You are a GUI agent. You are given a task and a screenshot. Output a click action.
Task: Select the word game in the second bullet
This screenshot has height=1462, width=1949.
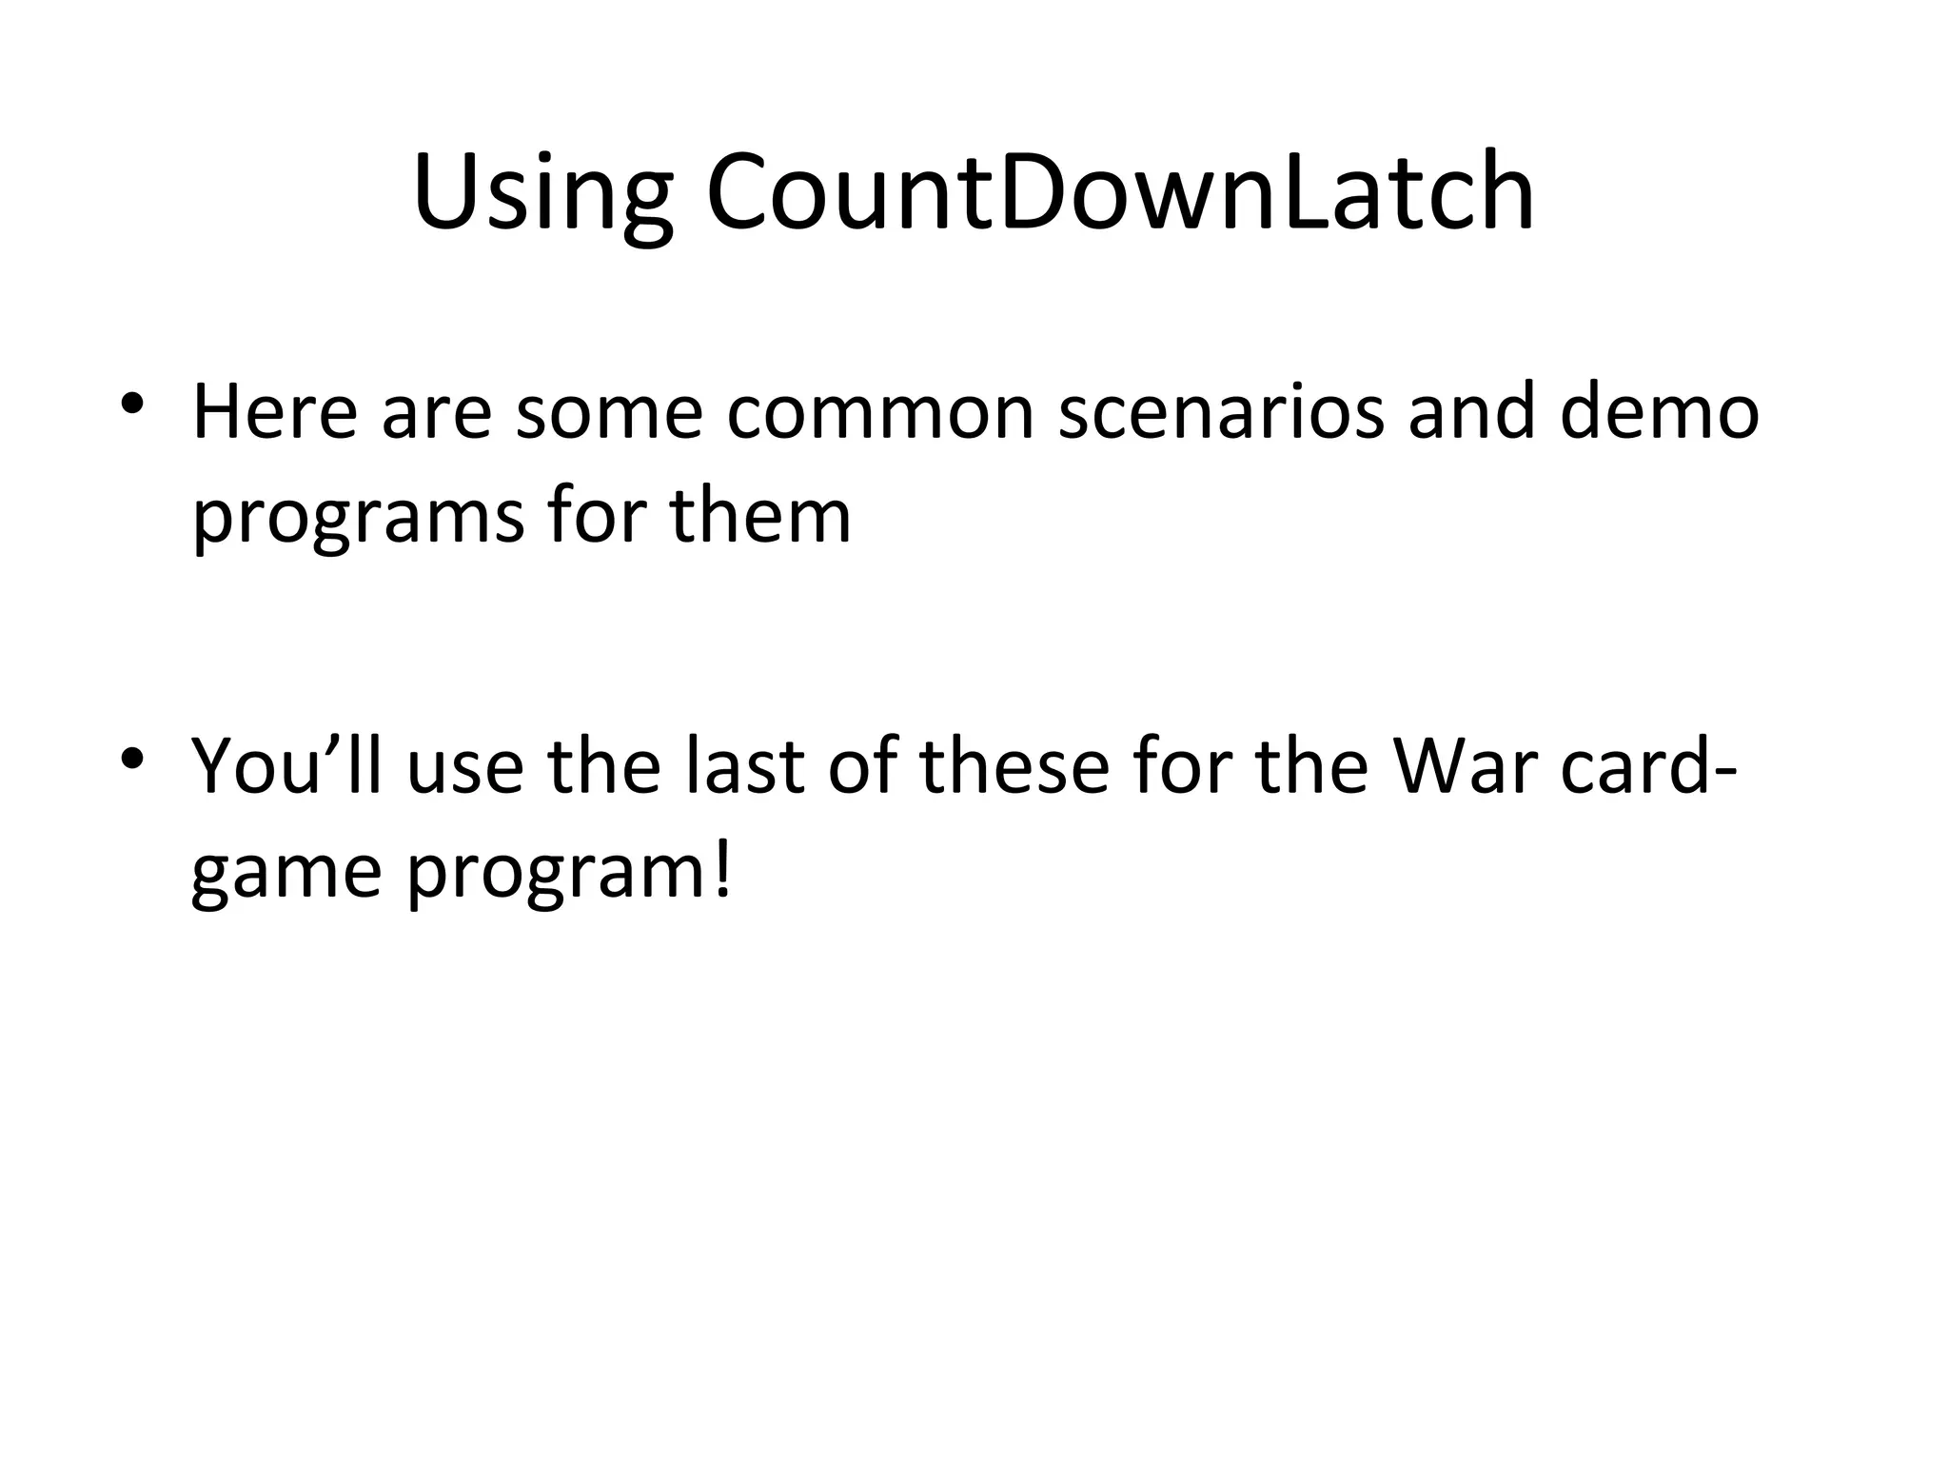coord(286,874)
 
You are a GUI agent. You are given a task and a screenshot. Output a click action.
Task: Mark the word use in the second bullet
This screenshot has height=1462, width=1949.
coord(465,766)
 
